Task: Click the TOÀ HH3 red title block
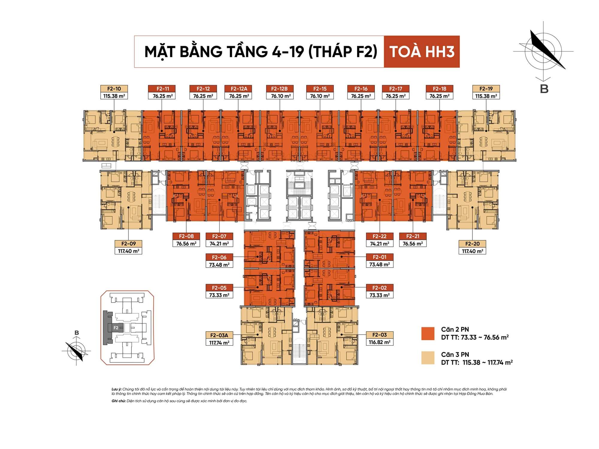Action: tap(422, 51)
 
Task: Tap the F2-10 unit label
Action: tap(114, 89)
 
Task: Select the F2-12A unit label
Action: tap(239, 89)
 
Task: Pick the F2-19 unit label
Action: tap(486, 89)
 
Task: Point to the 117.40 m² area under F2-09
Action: tap(128, 251)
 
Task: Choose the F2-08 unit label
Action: tap(186, 236)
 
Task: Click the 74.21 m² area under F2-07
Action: tap(219, 244)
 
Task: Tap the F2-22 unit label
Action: tap(379, 236)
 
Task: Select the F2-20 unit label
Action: tap(472, 244)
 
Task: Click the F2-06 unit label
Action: tap(219, 257)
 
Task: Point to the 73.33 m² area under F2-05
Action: tap(219, 295)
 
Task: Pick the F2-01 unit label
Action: tap(379, 257)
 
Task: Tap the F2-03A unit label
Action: tap(219, 335)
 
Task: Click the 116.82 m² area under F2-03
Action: tap(379, 342)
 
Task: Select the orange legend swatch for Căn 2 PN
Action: tap(428, 333)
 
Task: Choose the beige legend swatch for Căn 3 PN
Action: tap(428, 358)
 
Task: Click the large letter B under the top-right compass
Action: tap(544, 89)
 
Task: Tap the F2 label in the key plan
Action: tap(116, 328)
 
